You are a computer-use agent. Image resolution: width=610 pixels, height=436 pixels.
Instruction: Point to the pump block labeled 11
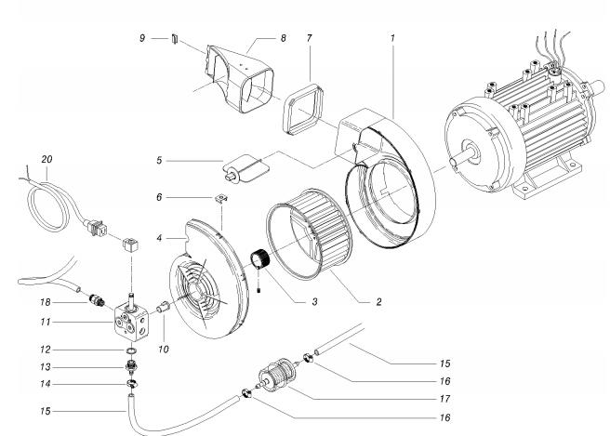129,322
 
